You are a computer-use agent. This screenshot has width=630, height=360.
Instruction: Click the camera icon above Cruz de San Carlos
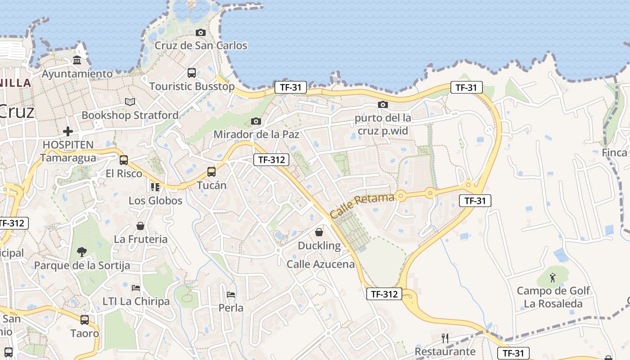tap(201, 32)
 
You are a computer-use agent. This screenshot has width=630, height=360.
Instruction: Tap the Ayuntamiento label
tap(77, 74)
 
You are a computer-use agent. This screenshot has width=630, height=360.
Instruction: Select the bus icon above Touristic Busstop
tap(192, 72)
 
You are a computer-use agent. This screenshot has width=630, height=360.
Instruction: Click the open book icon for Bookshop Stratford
tap(130, 102)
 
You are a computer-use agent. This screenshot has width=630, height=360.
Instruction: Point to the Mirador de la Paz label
tap(256, 134)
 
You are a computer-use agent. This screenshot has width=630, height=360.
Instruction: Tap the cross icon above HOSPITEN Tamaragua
tap(68, 131)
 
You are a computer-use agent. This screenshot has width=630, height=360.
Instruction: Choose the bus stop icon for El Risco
tap(124, 160)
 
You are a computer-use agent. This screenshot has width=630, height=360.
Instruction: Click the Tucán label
tap(211, 185)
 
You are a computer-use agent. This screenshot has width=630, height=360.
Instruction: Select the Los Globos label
tap(156, 201)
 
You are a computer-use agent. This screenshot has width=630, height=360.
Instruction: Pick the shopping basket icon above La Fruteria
tap(140, 226)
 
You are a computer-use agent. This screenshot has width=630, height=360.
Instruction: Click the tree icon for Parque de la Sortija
tap(82, 252)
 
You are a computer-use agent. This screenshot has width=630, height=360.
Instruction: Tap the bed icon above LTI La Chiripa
tap(136, 288)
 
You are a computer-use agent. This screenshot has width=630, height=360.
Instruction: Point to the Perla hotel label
tap(231, 308)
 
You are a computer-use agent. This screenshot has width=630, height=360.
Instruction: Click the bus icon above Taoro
tap(85, 320)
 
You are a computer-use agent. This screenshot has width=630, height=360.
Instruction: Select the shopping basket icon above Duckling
tap(319, 232)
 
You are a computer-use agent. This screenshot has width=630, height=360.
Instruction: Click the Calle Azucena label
tap(321, 264)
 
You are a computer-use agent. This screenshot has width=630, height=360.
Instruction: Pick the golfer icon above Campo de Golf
tap(553, 278)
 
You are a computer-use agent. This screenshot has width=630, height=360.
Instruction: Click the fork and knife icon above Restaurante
tap(445, 338)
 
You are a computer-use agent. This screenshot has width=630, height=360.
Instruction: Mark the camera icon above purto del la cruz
tap(383, 105)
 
